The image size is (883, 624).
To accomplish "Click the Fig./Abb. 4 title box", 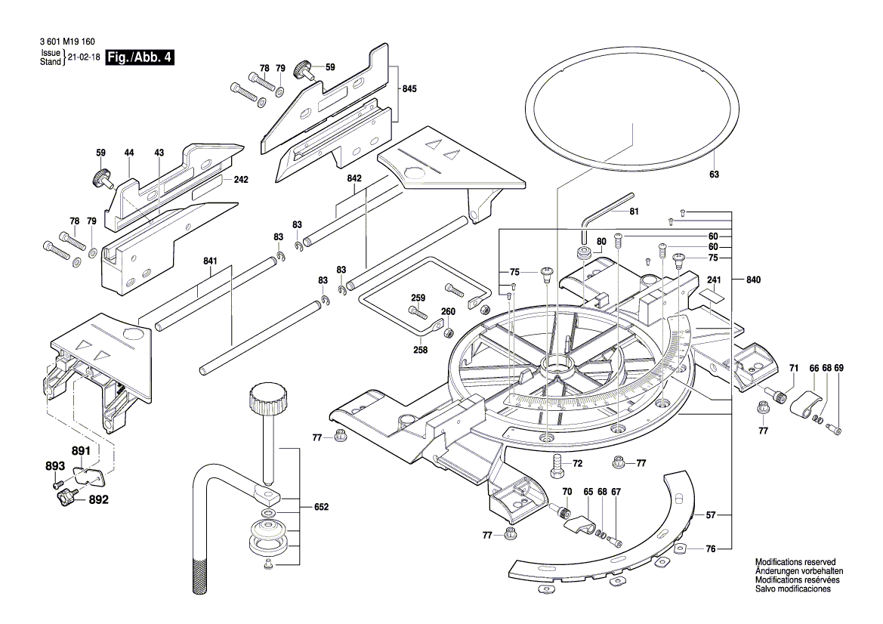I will pyautogui.click(x=140, y=58).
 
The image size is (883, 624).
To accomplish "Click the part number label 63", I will pyautogui.click(x=715, y=175).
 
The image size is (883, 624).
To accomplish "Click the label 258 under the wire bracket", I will pyautogui.click(x=421, y=350).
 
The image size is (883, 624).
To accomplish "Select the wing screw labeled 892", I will pyautogui.click(x=66, y=497).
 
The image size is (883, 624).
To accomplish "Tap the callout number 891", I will pyautogui.click(x=81, y=451).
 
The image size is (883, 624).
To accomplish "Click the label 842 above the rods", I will pyautogui.click(x=354, y=178).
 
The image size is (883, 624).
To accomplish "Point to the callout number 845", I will pyautogui.click(x=409, y=88).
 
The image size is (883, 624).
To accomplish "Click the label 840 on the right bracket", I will pyautogui.click(x=753, y=280).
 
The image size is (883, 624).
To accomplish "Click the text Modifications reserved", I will pyautogui.click(x=795, y=563).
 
